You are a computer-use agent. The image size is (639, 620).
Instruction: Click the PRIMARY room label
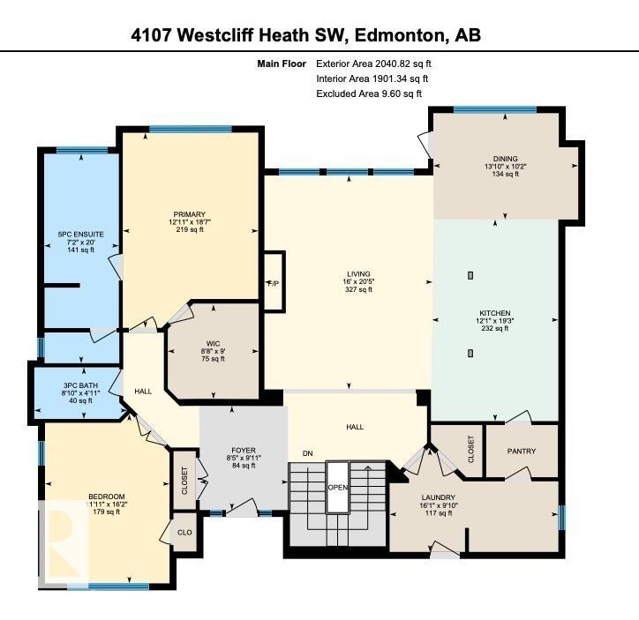click(x=190, y=214)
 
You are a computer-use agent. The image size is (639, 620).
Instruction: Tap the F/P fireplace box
click(x=274, y=282)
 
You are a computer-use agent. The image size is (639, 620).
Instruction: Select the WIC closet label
click(x=212, y=341)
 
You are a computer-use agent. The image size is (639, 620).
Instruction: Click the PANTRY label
click(x=522, y=451)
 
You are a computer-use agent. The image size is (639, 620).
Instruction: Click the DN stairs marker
click(x=308, y=453)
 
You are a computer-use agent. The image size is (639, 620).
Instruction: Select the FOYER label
click(x=243, y=450)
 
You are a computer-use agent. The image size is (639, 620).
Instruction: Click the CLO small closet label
click(x=183, y=532)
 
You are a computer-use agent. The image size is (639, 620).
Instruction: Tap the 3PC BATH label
click(x=80, y=385)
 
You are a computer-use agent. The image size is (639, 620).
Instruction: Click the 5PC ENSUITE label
click(x=80, y=234)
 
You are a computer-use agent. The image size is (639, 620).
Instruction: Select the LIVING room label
click(x=358, y=273)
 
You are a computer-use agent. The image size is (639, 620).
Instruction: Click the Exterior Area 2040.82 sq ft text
click(x=373, y=63)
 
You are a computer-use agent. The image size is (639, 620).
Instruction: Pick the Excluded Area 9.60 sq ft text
click(x=369, y=93)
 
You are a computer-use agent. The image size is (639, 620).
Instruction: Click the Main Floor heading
click(x=282, y=63)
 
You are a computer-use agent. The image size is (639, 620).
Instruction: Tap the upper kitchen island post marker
click(x=470, y=275)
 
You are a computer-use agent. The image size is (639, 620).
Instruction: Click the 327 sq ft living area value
click(x=358, y=290)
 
